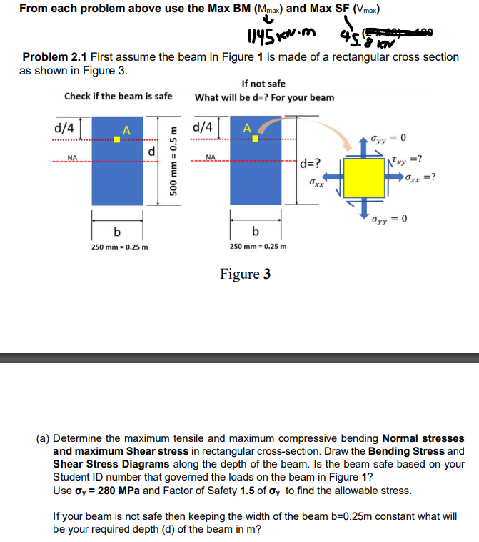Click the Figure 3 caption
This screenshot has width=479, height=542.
pos(245,274)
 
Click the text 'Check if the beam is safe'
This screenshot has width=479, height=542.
pos(118,96)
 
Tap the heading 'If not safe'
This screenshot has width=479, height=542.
pos(263,84)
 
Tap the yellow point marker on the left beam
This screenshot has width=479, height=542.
pos(118,139)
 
